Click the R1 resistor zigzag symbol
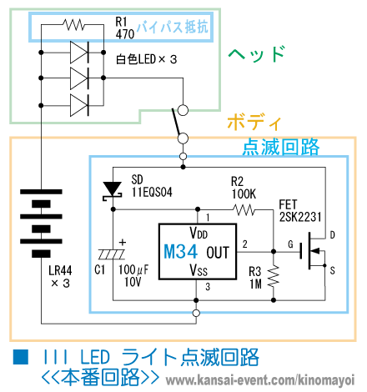click(x=73, y=24)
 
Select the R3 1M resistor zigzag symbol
click(x=274, y=276)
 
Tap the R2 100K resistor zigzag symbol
click(x=244, y=210)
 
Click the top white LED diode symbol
click(x=79, y=53)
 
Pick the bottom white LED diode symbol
click(x=79, y=105)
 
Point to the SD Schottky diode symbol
click(x=113, y=191)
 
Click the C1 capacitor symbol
click(x=113, y=254)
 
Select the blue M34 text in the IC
click(x=180, y=252)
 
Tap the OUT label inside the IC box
click(x=218, y=253)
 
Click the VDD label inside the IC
click(x=199, y=233)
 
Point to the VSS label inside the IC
click(x=199, y=269)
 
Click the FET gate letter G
click(x=290, y=244)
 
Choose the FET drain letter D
click(x=332, y=235)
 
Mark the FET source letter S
click(x=332, y=270)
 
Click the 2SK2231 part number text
click(x=300, y=217)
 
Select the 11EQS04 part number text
click(x=152, y=192)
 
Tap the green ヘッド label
click(x=257, y=54)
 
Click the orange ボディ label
click(x=254, y=122)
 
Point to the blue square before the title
click(x=21, y=356)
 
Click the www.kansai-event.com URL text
click(x=260, y=380)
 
